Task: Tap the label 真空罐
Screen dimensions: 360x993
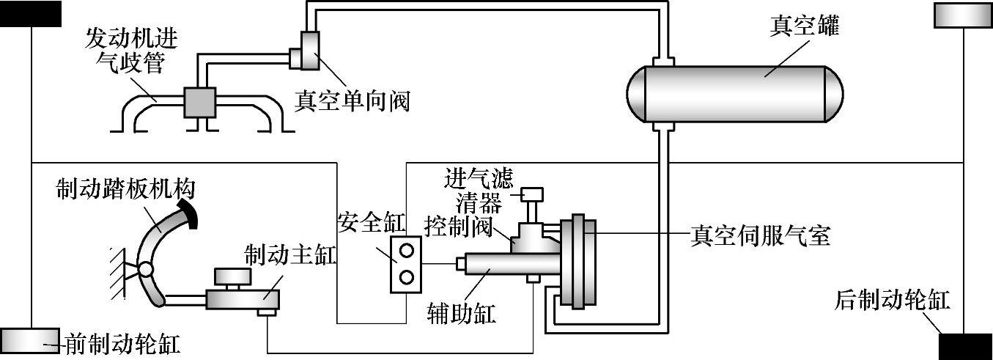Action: pyautogui.click(x=802, y=27)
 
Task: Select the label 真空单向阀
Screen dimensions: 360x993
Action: pyautogui.click(x=351, y=100)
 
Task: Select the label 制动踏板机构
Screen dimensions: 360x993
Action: pyautogui.click(x=126, y=189)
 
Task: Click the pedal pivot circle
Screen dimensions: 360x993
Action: pyautogui.click(x=147, y=270)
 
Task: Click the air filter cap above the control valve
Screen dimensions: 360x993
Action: pyautogui.click(x=533, y=194)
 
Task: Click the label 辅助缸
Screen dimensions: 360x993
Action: pyautogui.click(x=461, y=314)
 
